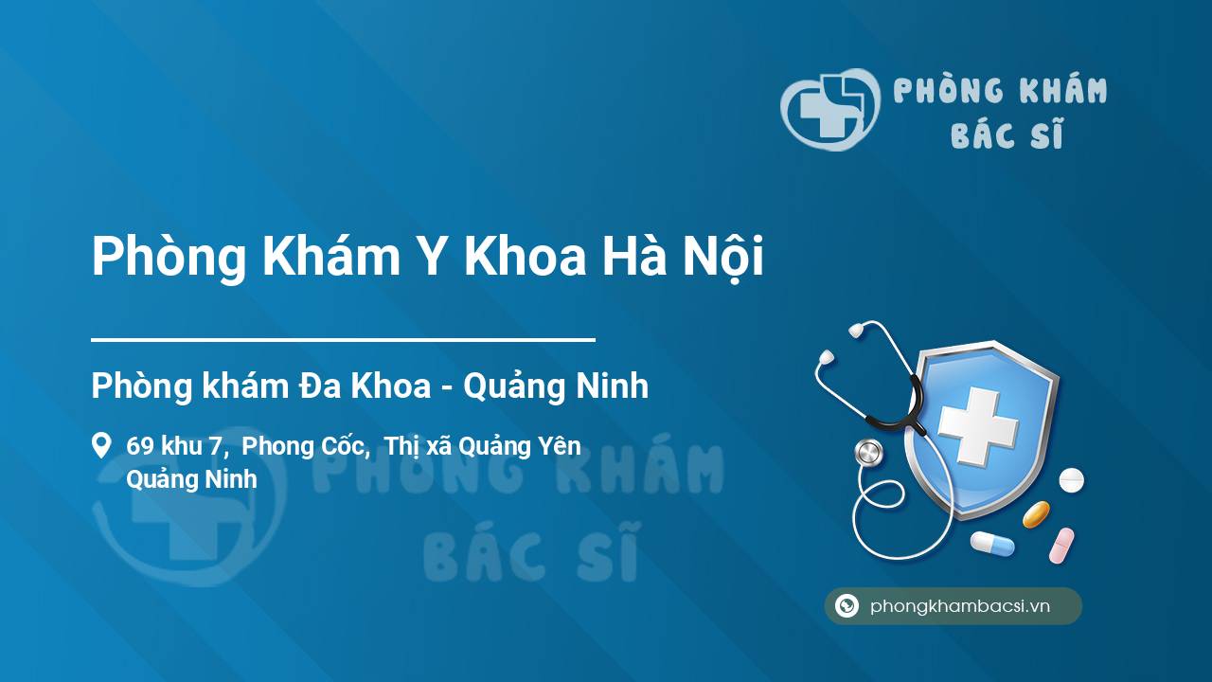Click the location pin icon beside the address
(x=101, y=445)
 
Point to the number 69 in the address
(x=139, y=446)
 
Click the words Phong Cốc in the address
(x=306, y=446)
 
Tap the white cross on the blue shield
(x=978, y=426)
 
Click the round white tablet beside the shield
(x=1071, y=480)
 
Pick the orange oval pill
(x=1036, y=514)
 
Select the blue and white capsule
(x=992, y=543)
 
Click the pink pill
(x=1061, y=545)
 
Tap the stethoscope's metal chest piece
(x=869, y=453)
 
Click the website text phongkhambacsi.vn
(x=960, y=605)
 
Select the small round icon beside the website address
(x=847, y=605)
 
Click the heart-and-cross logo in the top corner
(x=830, y=109)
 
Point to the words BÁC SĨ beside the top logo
(x=1007, y=135)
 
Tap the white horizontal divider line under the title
(x=343, y=340)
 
